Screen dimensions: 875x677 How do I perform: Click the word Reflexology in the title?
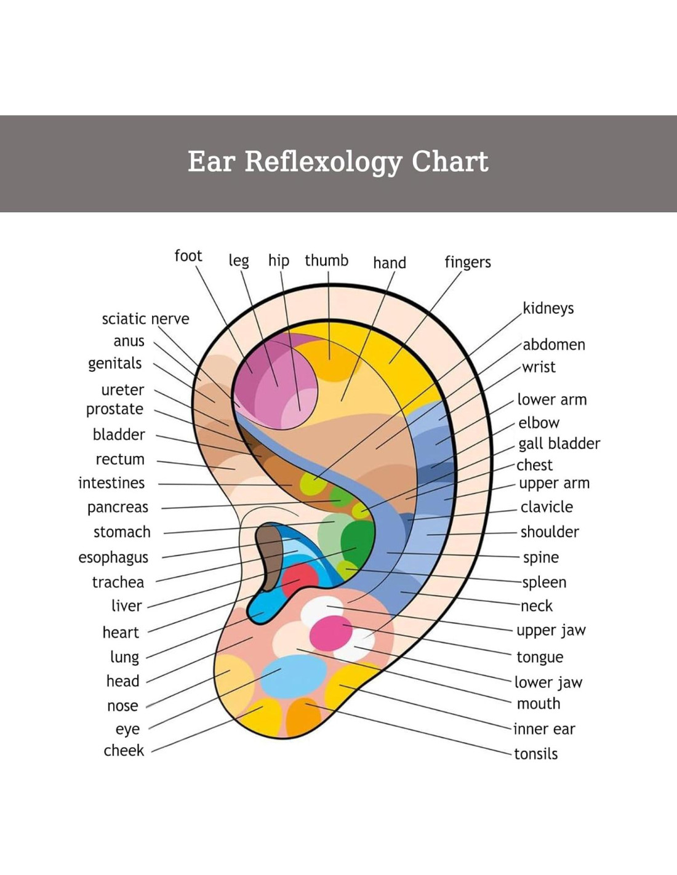[x=322, y=162]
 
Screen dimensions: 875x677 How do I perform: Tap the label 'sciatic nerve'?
[x=145, y=319]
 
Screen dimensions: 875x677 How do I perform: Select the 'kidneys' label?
[x=548, y=308]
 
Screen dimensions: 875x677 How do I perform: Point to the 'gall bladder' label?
[x=559, y=444]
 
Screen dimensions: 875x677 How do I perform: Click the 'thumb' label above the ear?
[x=326, y=261]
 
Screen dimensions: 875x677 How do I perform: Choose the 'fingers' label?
[x=468, y=263]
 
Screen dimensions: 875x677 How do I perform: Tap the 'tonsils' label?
[x=535, y=754]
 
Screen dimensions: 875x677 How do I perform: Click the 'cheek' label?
[x=124, y=751]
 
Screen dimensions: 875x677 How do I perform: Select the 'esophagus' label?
[x=113, y=557]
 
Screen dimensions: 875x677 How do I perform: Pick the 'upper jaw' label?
[x=551, y=631]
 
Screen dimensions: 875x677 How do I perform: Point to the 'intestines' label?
[x=111, y=483]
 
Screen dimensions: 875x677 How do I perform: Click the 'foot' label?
[x=188, y=256]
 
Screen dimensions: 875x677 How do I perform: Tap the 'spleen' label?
[x=544, y=582]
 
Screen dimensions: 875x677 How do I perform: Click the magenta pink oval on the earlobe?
[x=330, y=633]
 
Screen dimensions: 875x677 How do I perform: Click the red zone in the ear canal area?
[x=300, y=578]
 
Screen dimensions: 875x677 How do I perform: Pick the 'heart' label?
[x=121, y=633]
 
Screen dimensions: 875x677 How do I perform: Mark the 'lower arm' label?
[x=551, y=400]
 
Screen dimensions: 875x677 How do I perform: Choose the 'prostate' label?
[x=114, y=409]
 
